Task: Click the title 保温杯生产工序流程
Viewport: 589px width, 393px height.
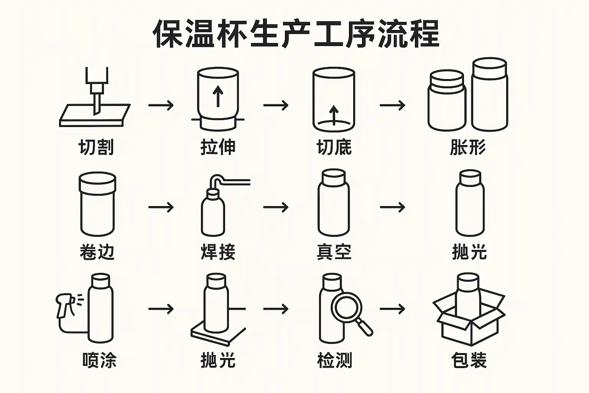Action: pyautogui.click(x=296, y=33)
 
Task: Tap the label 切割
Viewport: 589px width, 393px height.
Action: pyautogui.click(x=96, y=147)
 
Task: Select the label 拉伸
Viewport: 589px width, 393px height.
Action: pyautogui.click(x=218, y=147)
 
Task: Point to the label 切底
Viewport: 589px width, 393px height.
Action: pyautogui.click(x=334, y=147)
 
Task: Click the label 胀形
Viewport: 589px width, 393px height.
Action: pyautogui.click(x=468, y=147)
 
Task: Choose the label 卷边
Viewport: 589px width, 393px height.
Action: pyautogui.click(x=97, y=252)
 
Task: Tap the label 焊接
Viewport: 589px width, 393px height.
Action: pyautogui.click(x=218, y=252)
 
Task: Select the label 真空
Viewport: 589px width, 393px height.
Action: pyautogui.click(x=334, y=252)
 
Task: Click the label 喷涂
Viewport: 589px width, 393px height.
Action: pyautogui.click(x=99, y=360)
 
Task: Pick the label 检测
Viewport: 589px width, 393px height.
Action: pyautogui.click(x=334, y=360)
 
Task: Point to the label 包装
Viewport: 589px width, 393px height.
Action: pyautogui.click(x=469, y=360)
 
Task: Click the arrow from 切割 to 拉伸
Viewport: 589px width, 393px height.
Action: pyautogui.click(x=161, y=105)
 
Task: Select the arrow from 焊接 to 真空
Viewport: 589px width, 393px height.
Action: pyautogui.click(x=276, y=207)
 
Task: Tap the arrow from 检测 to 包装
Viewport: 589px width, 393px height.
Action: pyautogui.click(x=392, y=309)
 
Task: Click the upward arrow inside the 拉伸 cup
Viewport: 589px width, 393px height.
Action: pyautogui.click(x=218, y=96)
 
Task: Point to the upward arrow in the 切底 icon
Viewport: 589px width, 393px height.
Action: pyautogui.click(x=334, y=115)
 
